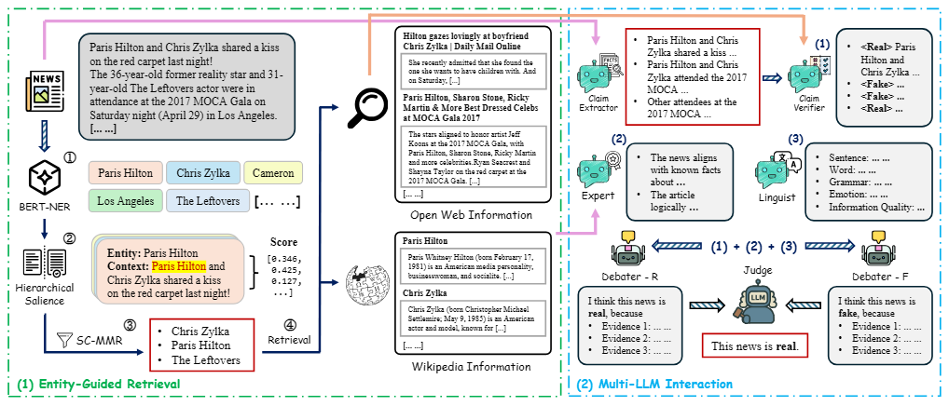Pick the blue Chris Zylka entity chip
[x=202, y=173]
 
